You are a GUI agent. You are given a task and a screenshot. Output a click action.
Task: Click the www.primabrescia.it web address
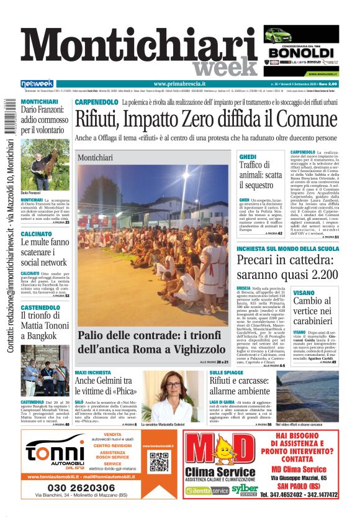point(179,84)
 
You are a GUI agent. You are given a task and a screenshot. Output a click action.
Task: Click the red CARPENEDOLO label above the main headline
point(96,102)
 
